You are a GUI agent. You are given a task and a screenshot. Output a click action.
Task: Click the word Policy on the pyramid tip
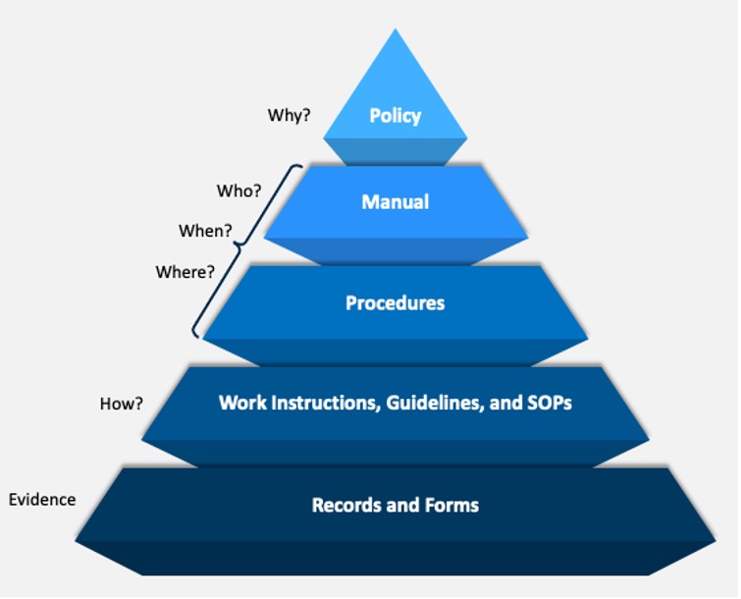pyautogui.click(x=395, y=116)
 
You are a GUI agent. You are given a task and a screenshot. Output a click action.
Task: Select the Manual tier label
pyautogui.click(x=395, y=202)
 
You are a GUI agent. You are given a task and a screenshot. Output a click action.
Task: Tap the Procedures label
pyautogui.click(x=395, y=303)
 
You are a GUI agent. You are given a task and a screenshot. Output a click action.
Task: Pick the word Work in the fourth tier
pyautogui.click(x=240, y=403)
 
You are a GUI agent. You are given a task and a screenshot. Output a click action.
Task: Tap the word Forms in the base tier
pyautogui.click(x=450, y=506)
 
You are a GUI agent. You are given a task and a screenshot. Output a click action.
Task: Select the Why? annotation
pyautogui.click(x=289, y=115)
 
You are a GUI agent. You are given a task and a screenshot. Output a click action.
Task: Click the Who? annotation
pyautogui.click(x=238, y=190)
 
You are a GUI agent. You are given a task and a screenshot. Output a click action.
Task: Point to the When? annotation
pyautogui.click(x=205, y=232)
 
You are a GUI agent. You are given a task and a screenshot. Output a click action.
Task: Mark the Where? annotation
pyautogui.click(x=185, y=272)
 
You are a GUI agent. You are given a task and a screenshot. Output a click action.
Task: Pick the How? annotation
pyautogui.click(x=122, y=403)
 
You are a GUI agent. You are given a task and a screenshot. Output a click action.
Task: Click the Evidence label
pyautogui.click(x=42, y=499)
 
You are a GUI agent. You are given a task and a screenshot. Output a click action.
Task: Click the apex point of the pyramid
pyautogui.click(x=396, y=30)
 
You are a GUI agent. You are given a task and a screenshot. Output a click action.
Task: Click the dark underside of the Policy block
pyautogui.click(x=395, y=151)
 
